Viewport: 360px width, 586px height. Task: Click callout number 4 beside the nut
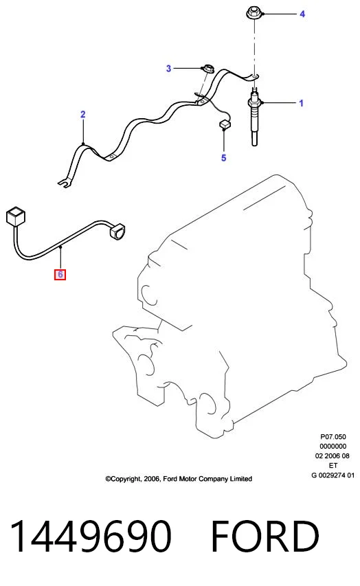tap(302, 14)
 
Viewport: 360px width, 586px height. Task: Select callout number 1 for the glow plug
tap(302, 103)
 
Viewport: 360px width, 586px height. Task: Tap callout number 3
tap(168, 69)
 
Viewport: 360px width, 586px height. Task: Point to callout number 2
tap(83, 114)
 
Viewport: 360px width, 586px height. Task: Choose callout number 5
tap(223, 158)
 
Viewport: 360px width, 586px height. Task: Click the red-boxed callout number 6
tap(60, 275)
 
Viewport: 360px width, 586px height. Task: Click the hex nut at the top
tap(254, 12)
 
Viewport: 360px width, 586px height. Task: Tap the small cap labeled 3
tap(207, 69)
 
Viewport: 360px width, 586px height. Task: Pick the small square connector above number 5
tap(224, 124)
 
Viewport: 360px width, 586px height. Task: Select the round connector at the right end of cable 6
tap(117, 231)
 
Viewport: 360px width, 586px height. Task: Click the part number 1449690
tap(91, 537)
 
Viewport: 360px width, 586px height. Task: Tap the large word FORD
tap(265, 537)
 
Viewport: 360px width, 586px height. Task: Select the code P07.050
tap(333, 436)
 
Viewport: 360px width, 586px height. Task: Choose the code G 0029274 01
tap(333, 475)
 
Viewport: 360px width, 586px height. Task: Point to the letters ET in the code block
tap(333, 466)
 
